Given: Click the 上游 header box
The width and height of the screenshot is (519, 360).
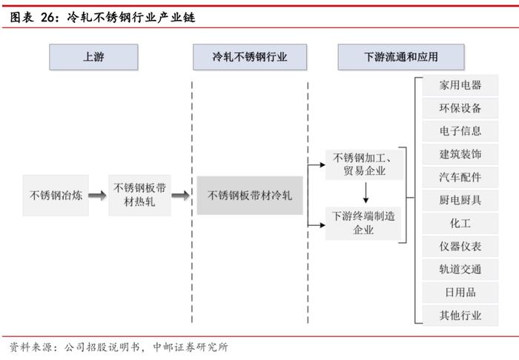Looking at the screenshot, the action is [93, 57].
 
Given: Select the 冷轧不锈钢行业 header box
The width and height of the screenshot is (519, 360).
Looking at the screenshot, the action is [250, 57].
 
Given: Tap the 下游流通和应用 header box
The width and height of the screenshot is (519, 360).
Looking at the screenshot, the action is [401, 57].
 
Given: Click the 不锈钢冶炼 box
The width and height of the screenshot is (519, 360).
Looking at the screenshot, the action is [56, 196].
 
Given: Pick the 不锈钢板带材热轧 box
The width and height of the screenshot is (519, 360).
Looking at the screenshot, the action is [139, 196].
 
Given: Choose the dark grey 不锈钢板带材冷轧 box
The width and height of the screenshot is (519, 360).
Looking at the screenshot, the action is [250, 196].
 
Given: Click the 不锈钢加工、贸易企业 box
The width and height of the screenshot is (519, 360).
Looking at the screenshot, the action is [364, 164].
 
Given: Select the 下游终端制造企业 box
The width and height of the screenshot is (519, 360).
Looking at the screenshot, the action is [363, 223].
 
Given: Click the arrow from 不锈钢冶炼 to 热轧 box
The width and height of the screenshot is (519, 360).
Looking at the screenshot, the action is [98, 196].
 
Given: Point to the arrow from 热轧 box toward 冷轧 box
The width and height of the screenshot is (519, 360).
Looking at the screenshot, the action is [180, 196].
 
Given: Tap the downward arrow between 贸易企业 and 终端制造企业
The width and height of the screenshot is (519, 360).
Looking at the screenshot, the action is [366, 193].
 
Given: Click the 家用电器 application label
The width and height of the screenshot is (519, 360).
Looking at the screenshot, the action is [460, 85].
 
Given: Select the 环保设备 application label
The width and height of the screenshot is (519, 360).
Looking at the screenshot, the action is [460, 108].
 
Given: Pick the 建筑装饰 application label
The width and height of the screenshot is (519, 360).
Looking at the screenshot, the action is [460, 154].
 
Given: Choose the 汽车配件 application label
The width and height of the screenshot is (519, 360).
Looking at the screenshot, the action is [460, 177].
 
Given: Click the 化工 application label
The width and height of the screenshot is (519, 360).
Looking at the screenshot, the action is [460, 223].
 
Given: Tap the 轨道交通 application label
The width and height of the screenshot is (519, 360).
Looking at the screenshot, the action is [460, 269].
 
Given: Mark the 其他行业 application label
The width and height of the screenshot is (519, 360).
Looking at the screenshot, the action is [460, 316].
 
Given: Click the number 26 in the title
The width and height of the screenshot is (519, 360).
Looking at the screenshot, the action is [48, 17].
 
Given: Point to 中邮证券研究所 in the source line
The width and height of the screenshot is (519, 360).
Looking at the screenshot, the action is [191, 347].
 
